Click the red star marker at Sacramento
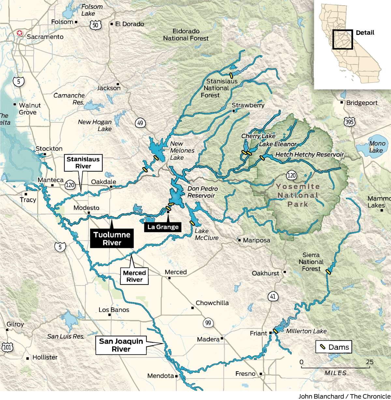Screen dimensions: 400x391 (x=20, y=33)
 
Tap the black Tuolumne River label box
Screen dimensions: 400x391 (x=112, y=238)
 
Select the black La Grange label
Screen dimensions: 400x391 (x=163, y=227)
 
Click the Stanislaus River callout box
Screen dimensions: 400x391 (x=83, y=163)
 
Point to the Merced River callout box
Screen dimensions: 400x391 (x=134, y=276)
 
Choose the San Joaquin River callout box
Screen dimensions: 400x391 (x=121, y=345)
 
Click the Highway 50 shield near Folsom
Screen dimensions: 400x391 (x=96, y=25)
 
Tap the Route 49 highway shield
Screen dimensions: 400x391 (x=140, y=123)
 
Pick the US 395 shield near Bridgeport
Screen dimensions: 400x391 (x=349, y=122)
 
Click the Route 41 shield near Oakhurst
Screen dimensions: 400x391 (x=273, y=296)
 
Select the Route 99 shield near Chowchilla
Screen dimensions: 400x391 (x=208, y=323)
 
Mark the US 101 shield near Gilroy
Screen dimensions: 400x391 (x=7, y=347)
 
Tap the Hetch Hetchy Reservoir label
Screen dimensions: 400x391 (x=310, y=155)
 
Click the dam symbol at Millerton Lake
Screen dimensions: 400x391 (x=275, y=331)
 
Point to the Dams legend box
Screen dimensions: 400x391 (x=334, y=347)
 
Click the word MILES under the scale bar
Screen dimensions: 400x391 (x=335, y=373)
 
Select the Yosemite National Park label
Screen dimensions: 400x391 (x=297, y=195)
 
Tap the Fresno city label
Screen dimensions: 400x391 (x=245, y=374)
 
